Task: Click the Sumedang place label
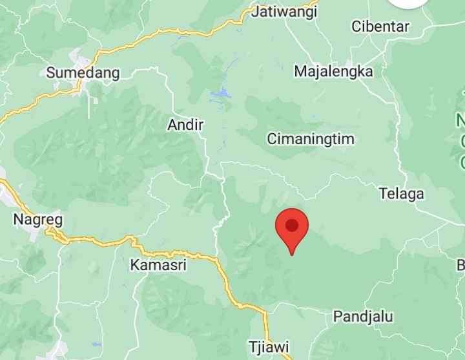coord(83,72)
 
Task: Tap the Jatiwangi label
coord(285,11)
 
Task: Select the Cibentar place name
coord(380,26)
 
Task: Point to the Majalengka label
coord(333,71)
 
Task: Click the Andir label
coord(185,125)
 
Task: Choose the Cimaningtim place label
coord(311,139)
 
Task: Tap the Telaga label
coord(402,193)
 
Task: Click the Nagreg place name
coord(38,219)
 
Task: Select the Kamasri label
coord(159,264)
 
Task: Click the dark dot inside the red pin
coord(292,225)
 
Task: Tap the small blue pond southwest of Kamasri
coord(97,344)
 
